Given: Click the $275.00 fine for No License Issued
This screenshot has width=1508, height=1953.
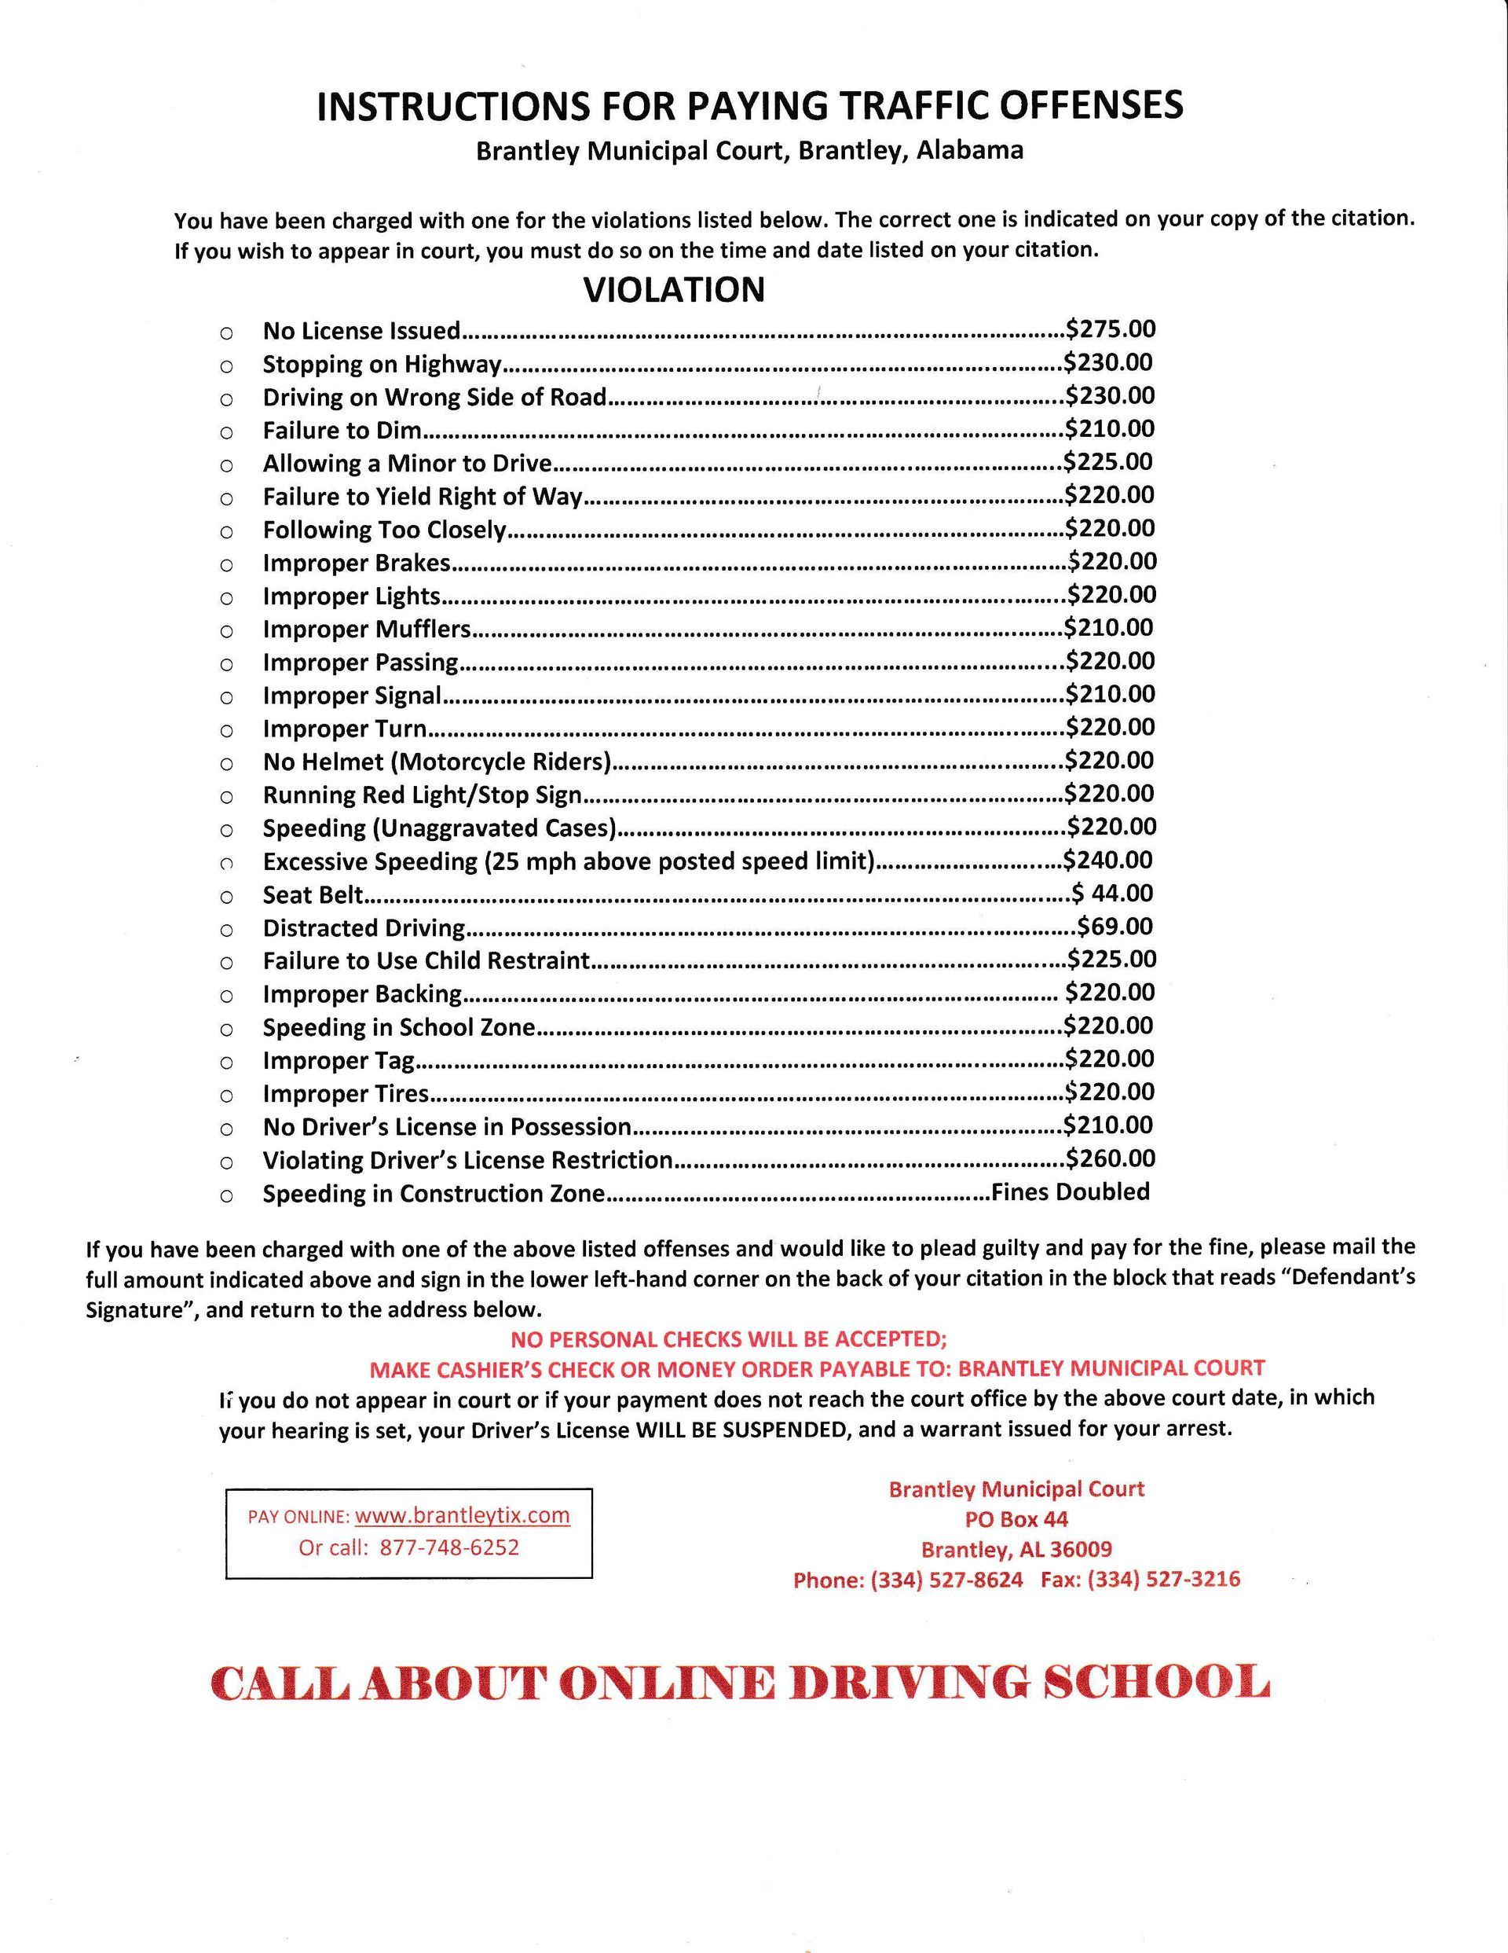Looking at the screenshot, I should coord(1111,329).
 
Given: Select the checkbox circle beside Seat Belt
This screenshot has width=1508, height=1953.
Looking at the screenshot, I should coord(226,897).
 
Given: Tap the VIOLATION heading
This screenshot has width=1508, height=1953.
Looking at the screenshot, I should coord(674,290).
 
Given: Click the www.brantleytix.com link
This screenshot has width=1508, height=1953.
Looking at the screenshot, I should coord(462,1514).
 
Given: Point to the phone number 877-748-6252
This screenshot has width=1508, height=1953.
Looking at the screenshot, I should coord(448,1547).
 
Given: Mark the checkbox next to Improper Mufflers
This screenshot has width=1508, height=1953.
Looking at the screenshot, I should coord(226,631).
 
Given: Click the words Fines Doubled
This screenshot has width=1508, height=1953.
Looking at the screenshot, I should coord(1071,1191).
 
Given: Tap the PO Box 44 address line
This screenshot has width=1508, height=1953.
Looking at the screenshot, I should coord(1016,1518).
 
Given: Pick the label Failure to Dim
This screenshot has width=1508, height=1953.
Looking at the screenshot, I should coord(342,431).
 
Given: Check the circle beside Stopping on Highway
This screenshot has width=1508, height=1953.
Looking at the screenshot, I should coord(226,365).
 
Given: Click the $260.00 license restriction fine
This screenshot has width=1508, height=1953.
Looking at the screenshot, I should coord(1111,1158).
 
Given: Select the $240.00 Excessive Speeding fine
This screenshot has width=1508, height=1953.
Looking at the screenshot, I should coord(1107,859).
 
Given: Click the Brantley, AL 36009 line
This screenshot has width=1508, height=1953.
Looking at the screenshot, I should coord(1016,1549).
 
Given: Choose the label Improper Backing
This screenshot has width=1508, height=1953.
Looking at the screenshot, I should coord(362,994).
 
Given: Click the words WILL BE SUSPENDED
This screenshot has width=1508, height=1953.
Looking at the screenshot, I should coord(739,1429).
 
